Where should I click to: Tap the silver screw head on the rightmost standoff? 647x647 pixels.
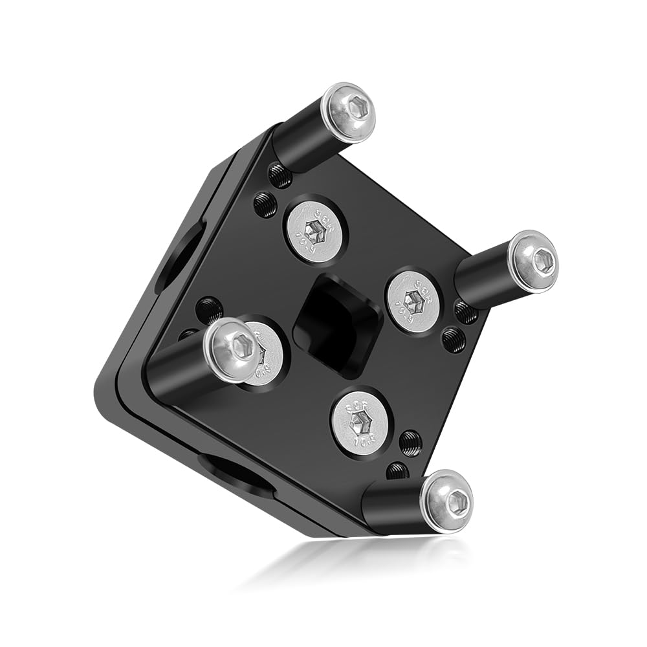pyautogui.click(x=534, y=260)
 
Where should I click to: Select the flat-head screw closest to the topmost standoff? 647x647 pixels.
pyautogui.click(x=316, y=229)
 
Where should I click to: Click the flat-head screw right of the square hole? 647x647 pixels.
pyautogui.click(x=413, y=300)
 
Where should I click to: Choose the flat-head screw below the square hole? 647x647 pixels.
pyautogui.click(x=360, y=422)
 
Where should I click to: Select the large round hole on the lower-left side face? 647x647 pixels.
pyautogui.click(x=236, y=474)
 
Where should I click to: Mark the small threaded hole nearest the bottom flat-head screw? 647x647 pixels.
pyautogui.click(x=409, y=443)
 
